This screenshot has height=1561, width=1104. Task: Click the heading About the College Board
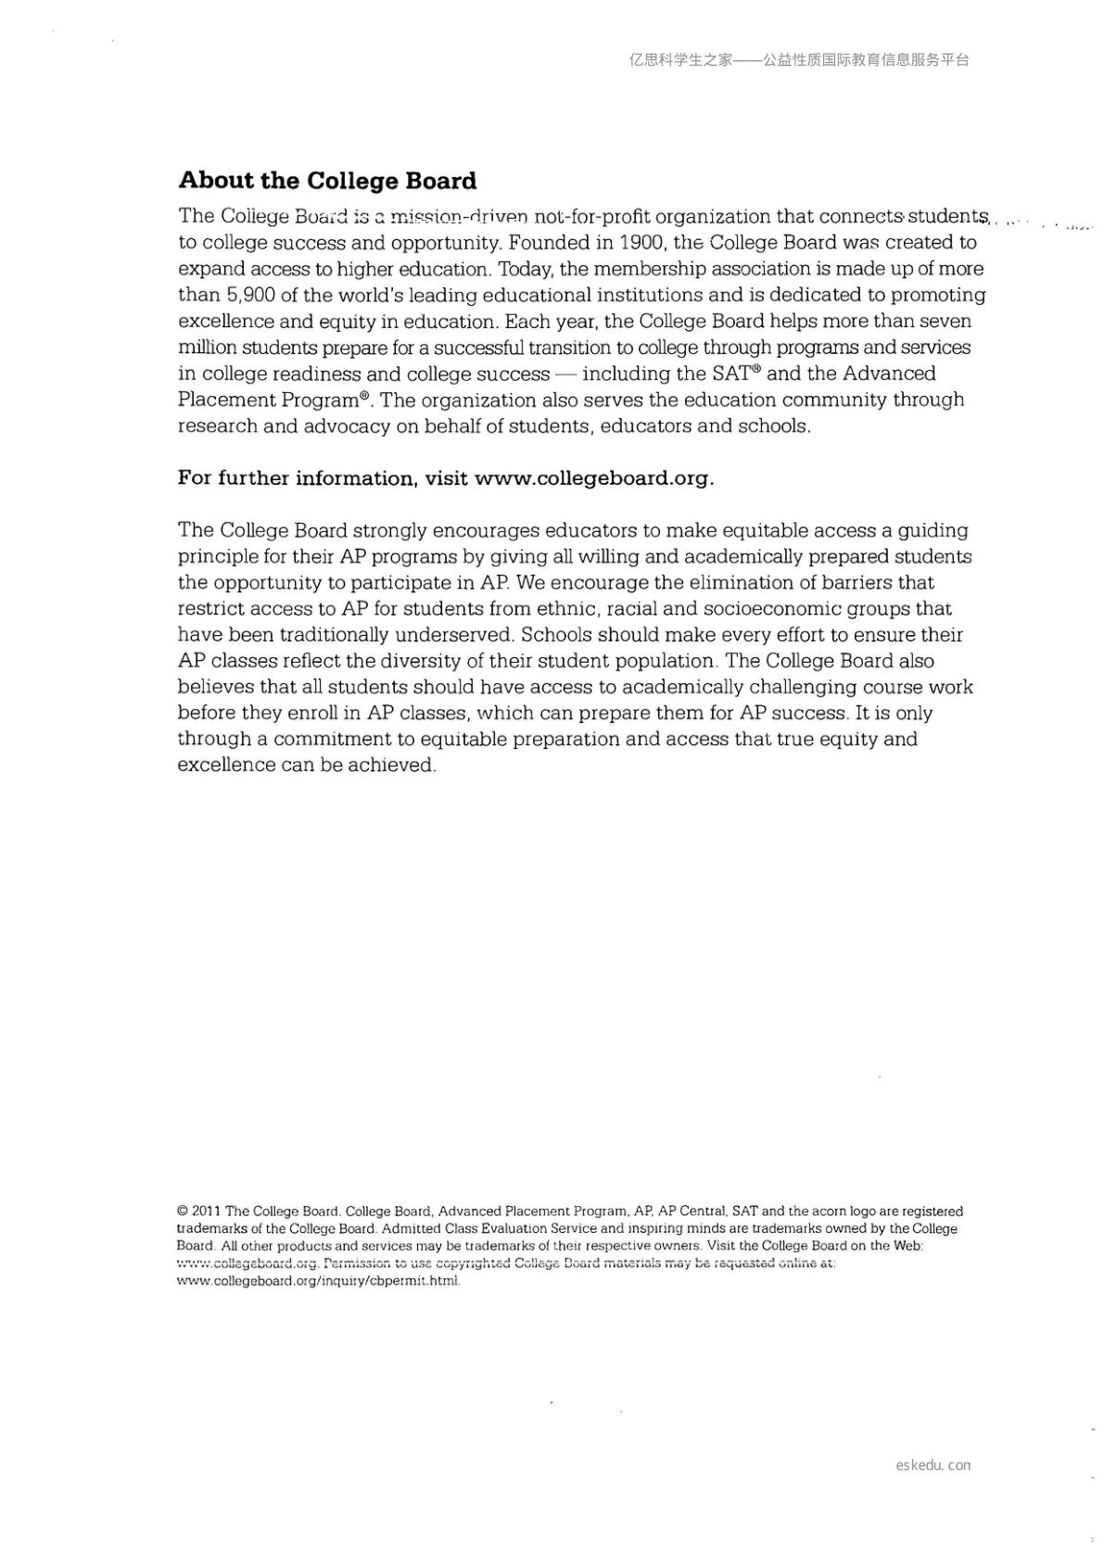pos(327,181)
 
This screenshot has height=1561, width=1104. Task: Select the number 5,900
pos(247,295)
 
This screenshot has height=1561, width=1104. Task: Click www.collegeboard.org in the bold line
pos(592,478)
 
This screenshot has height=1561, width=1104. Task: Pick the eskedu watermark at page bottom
pos(933,1466)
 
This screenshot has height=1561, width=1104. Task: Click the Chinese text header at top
pos(799,60)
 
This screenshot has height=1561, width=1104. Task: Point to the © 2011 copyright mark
pos(198,1212)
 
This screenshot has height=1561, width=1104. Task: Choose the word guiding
pos(933,531)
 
